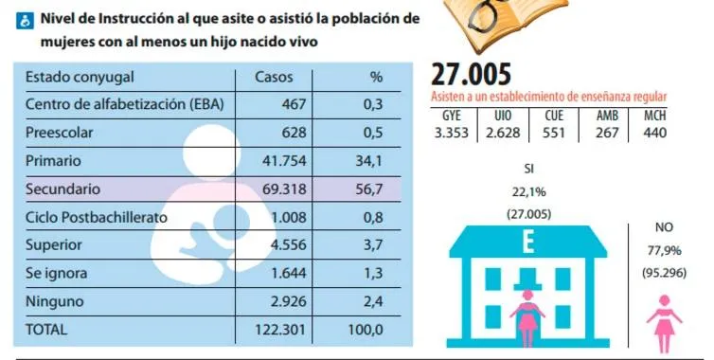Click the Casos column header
click(x=274, y=77)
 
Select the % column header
click(x=376, y=77)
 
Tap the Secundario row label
click(x=62, y=189)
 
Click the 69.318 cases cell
click(x=284, y=189)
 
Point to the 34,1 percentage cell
click(x=369, y=161)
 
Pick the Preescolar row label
click(x=60, y=133)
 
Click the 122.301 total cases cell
click(x=279, y=329)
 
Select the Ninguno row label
click(x=55, y=301)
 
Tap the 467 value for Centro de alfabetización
click(x=294, y=104)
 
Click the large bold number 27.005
click(x=471, y=74)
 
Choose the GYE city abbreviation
click(x=452, y=116)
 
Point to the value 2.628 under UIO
click(x=502, y=133)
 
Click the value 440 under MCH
click(x=654, y=133)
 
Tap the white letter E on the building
click(x=528, y=243)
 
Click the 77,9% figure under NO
click(x=664, y=250)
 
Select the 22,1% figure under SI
click(x=528, y=192)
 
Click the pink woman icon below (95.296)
click(x=665, y=324)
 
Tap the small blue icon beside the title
click(x=25, y=21)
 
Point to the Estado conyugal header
click(x=80, y=77)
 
